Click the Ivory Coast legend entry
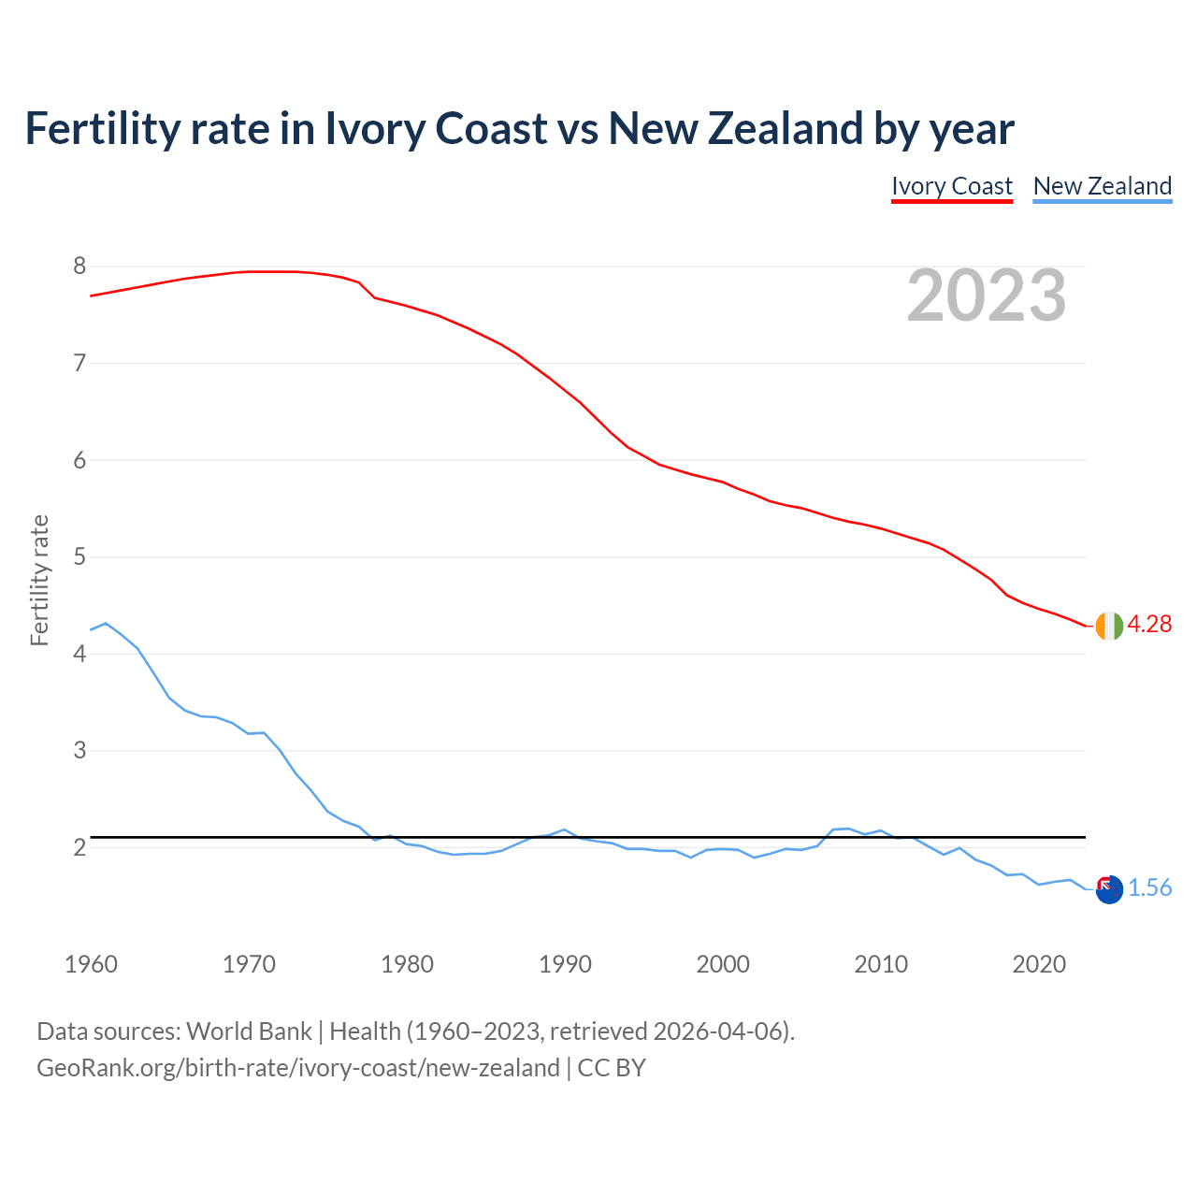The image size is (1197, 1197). [952, 186]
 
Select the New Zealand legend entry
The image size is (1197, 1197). [1103, 186]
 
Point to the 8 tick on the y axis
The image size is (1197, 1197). [79, 267]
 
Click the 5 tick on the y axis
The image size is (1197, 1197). [79, 557]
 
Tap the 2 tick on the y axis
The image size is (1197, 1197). [79, 847]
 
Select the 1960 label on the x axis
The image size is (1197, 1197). [91, 964]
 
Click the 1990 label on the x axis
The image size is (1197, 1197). [565, 964]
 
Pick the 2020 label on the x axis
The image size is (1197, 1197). [1039, 964]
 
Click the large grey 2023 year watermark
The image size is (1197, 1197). [987, 296]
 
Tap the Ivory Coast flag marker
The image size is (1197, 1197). [1109, 626]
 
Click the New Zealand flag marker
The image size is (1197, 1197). [1109, 889]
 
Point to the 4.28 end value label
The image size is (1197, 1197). [1149, 625]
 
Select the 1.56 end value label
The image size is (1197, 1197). [1149, 888]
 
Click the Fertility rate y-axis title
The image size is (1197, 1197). [39, 580]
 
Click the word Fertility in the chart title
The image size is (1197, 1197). [101, 129]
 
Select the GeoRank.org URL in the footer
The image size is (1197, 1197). [297, 1068]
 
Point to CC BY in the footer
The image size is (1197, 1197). [612, 1068]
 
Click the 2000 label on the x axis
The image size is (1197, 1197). [723, 964]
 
